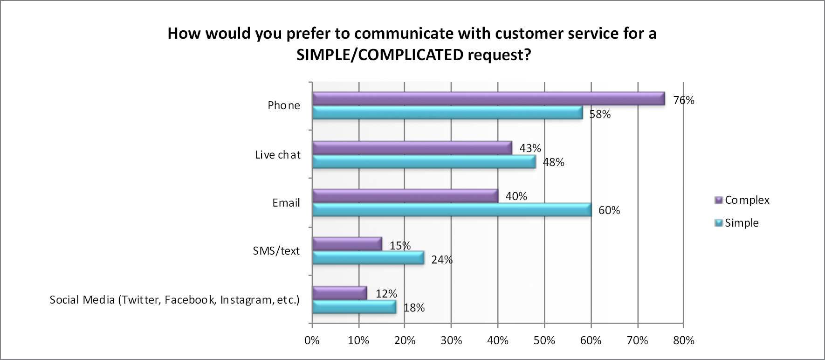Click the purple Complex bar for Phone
coord(488,98)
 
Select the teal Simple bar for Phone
coord(447,113)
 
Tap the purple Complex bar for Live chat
coord(412,148)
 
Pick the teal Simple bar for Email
coord(451,210)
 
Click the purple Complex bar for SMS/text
coord(347,244)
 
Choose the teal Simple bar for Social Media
coord(354,307)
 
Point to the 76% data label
coord(684,100)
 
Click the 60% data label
coord(609,210)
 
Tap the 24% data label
coord(442,260)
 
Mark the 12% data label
coord(386,294)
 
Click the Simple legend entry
coord(741,223)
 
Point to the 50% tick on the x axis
coord(544,341)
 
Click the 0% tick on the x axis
coord(312,341)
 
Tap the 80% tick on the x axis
coord(684,341)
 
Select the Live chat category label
coord(278,155)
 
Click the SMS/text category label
coord(276,251)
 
